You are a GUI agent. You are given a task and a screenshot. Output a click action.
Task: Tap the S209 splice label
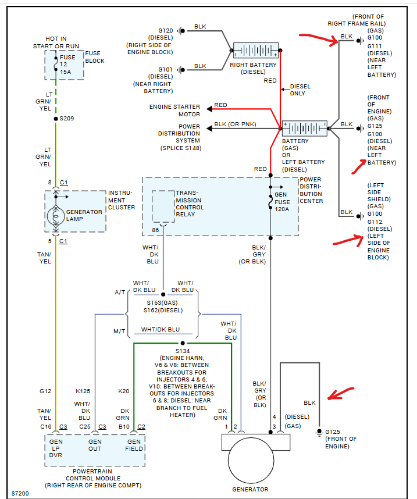67,119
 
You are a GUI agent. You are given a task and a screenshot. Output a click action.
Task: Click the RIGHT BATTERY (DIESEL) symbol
256,51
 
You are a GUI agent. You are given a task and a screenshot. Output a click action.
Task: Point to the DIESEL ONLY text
300,90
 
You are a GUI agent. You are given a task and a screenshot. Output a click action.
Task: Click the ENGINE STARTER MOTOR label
174,111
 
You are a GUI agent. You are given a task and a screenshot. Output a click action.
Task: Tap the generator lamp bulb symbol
56,212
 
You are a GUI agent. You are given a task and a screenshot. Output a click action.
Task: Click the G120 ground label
165,30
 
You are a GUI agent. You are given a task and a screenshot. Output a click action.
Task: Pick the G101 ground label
165,69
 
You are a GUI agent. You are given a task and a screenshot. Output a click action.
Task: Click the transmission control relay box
163,206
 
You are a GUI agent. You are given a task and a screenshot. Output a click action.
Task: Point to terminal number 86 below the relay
156,230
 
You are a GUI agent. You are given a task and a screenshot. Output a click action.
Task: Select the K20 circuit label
124,391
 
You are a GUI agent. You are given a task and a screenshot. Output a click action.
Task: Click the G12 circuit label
46,391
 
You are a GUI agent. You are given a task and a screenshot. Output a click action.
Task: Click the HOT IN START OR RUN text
56,41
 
